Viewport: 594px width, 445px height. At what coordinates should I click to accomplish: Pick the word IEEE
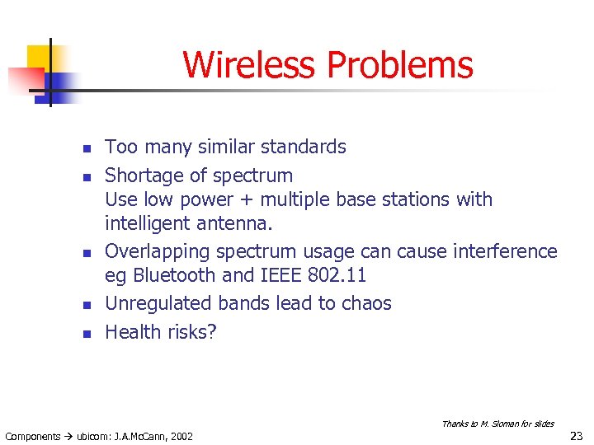tap(281, 275)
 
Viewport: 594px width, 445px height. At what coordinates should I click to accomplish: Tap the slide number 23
tap(576, 436)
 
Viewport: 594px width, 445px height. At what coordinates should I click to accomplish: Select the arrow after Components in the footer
tap(68, 436)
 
